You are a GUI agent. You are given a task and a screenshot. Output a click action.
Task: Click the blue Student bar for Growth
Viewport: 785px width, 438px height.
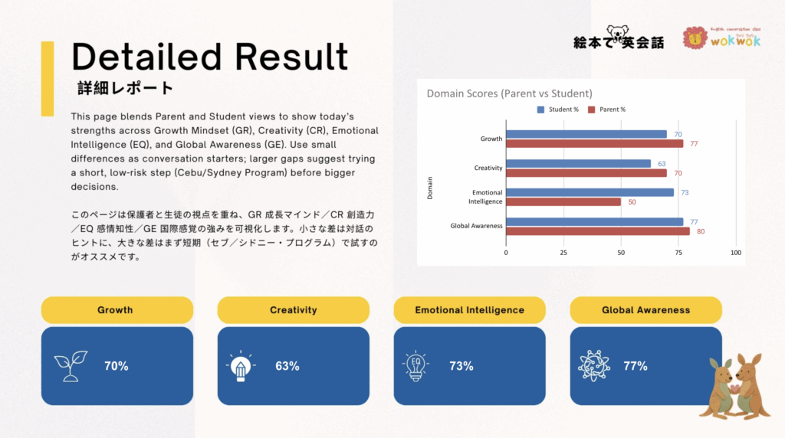[x=586, y=134]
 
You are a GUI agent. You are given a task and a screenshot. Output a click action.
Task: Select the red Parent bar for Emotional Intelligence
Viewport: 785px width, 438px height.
[x=563, y=201]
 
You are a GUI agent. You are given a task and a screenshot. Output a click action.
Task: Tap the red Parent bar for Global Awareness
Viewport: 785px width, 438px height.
[x=598, y=230]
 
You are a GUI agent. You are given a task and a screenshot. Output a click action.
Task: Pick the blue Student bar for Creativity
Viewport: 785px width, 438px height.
[x=578, y=163]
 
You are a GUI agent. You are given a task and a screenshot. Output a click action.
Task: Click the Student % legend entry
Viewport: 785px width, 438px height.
[x=559, y=109]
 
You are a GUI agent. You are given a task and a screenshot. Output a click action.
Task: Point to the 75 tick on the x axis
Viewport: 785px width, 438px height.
[x=678, y=252]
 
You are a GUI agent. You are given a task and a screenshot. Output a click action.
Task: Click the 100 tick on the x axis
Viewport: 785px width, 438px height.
[x=736, y=252]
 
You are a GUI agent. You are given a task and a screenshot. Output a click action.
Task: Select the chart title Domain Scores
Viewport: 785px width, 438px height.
[x=509, y=93]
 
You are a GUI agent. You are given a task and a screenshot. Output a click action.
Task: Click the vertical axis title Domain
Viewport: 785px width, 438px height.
[x=429, y=187]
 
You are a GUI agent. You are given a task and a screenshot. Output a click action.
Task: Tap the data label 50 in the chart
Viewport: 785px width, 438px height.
[x=632, y=201]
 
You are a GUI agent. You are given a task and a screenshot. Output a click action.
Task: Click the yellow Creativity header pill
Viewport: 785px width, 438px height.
[x=293, y=310]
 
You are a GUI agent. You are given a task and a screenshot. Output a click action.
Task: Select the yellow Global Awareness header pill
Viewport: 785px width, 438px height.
[x=645, y=310]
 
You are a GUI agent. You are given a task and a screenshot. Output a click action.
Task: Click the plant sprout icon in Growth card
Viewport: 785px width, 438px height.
[x=71, y=366]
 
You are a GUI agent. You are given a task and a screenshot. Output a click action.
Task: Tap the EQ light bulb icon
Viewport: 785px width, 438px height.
[x=414, y=366]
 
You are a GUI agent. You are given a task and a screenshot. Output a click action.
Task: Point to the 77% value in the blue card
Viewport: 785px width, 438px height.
[x=635, y=366]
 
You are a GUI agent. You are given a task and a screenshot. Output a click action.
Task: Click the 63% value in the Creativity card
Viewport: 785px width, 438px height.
[x=287, y=366]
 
